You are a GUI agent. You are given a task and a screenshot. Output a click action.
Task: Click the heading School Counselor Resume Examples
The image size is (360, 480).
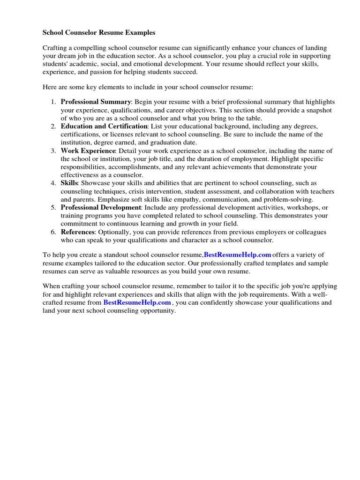pyautogui.click(x=99, y=33)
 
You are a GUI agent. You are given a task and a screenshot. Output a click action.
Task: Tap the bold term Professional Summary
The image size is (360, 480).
pyautogui.click(x=96, y=102)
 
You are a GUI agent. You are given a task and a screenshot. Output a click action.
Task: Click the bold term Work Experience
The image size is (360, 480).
pyautogui.click(x=88, y=151)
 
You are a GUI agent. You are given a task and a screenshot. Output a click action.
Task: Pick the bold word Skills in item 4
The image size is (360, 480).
pyautogui.click(x=69, y=183)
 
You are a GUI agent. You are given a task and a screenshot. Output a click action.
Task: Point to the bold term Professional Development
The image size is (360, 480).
pyautogui.click(x=100, y=207)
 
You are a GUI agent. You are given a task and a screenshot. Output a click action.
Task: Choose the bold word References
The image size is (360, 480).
pyautogui.click(x=78, y=232)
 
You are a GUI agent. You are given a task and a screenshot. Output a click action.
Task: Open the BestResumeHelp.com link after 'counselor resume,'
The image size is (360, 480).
pyautogui.click(x=238, y=255)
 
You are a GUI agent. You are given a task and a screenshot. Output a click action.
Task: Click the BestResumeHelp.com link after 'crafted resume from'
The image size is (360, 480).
pyautogui.click(x=137, y=303)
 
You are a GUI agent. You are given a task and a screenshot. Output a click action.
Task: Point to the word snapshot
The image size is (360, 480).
pyautogui.click(x=318, y=110)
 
